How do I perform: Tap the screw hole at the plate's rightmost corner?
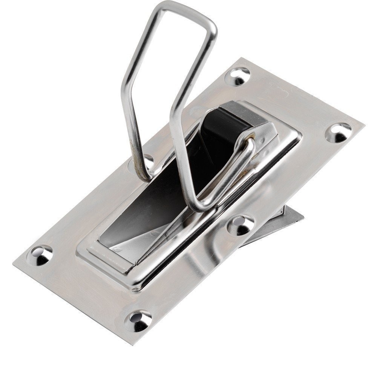click(x=338, y=132)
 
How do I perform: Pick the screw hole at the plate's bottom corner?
click(x=138, y=320)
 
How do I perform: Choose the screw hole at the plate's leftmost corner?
click(x=40, y=255)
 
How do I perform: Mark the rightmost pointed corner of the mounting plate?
click(x=364, y=125)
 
